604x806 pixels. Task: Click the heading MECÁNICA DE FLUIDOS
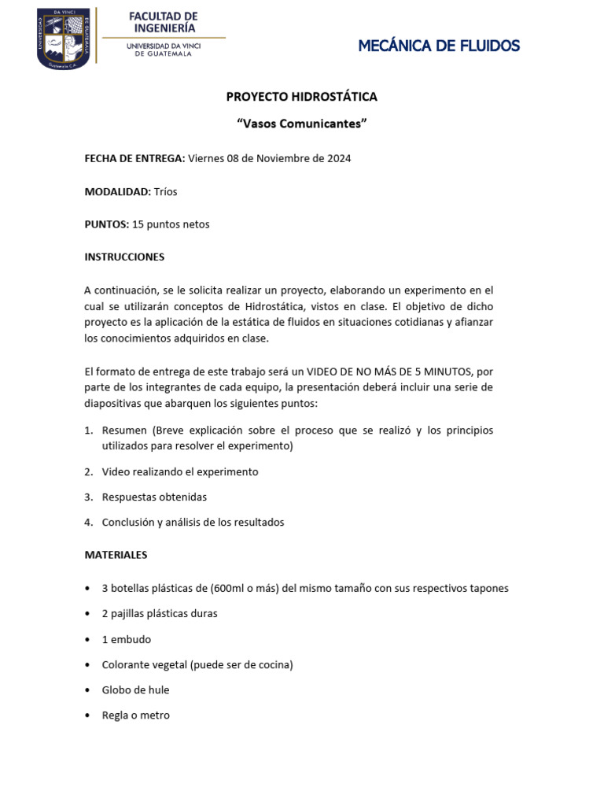coord(439,46)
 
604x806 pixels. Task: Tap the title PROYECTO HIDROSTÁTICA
coord(301,97)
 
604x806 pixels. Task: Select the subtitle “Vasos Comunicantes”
coord(302,124)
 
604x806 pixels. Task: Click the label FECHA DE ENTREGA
coord(134,158)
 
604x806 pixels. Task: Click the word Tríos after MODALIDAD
coord(165,191)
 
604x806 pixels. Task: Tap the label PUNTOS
coord(106,224)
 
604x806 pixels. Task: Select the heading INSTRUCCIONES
coord(124,257)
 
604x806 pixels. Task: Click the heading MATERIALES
coord(116,555)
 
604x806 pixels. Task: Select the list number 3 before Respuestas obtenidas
coord(89,497)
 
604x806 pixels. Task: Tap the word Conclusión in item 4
coord(130,523)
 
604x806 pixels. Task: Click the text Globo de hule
coord(135,690)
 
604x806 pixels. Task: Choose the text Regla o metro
coord(135,715)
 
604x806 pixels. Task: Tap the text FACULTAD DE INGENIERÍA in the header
coord(163,22)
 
